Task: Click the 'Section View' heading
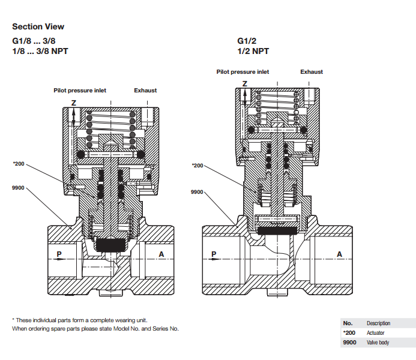(38, 26)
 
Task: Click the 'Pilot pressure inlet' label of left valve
(80, 91)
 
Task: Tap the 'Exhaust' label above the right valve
(312, 71)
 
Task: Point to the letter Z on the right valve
(244, 82)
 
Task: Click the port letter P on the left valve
(59, 254)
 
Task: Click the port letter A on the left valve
(161, 254)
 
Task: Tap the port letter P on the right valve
(214, 254)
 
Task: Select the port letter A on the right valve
(339, 254)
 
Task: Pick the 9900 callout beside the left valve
(18, 188)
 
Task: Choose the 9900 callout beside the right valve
(197, 193)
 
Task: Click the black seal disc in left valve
(109, 244)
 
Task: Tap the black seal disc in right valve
(277, 229)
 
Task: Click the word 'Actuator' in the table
(375, 332)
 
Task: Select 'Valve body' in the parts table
(377, 342)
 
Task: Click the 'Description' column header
(378, 323)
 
